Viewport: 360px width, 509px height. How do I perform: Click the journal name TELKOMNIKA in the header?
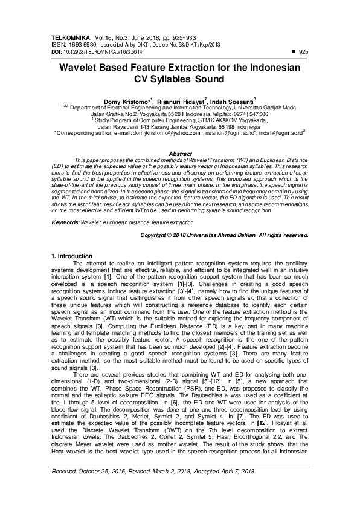69,37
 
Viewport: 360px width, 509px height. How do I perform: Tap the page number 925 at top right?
303,53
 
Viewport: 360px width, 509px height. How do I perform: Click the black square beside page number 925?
294,53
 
